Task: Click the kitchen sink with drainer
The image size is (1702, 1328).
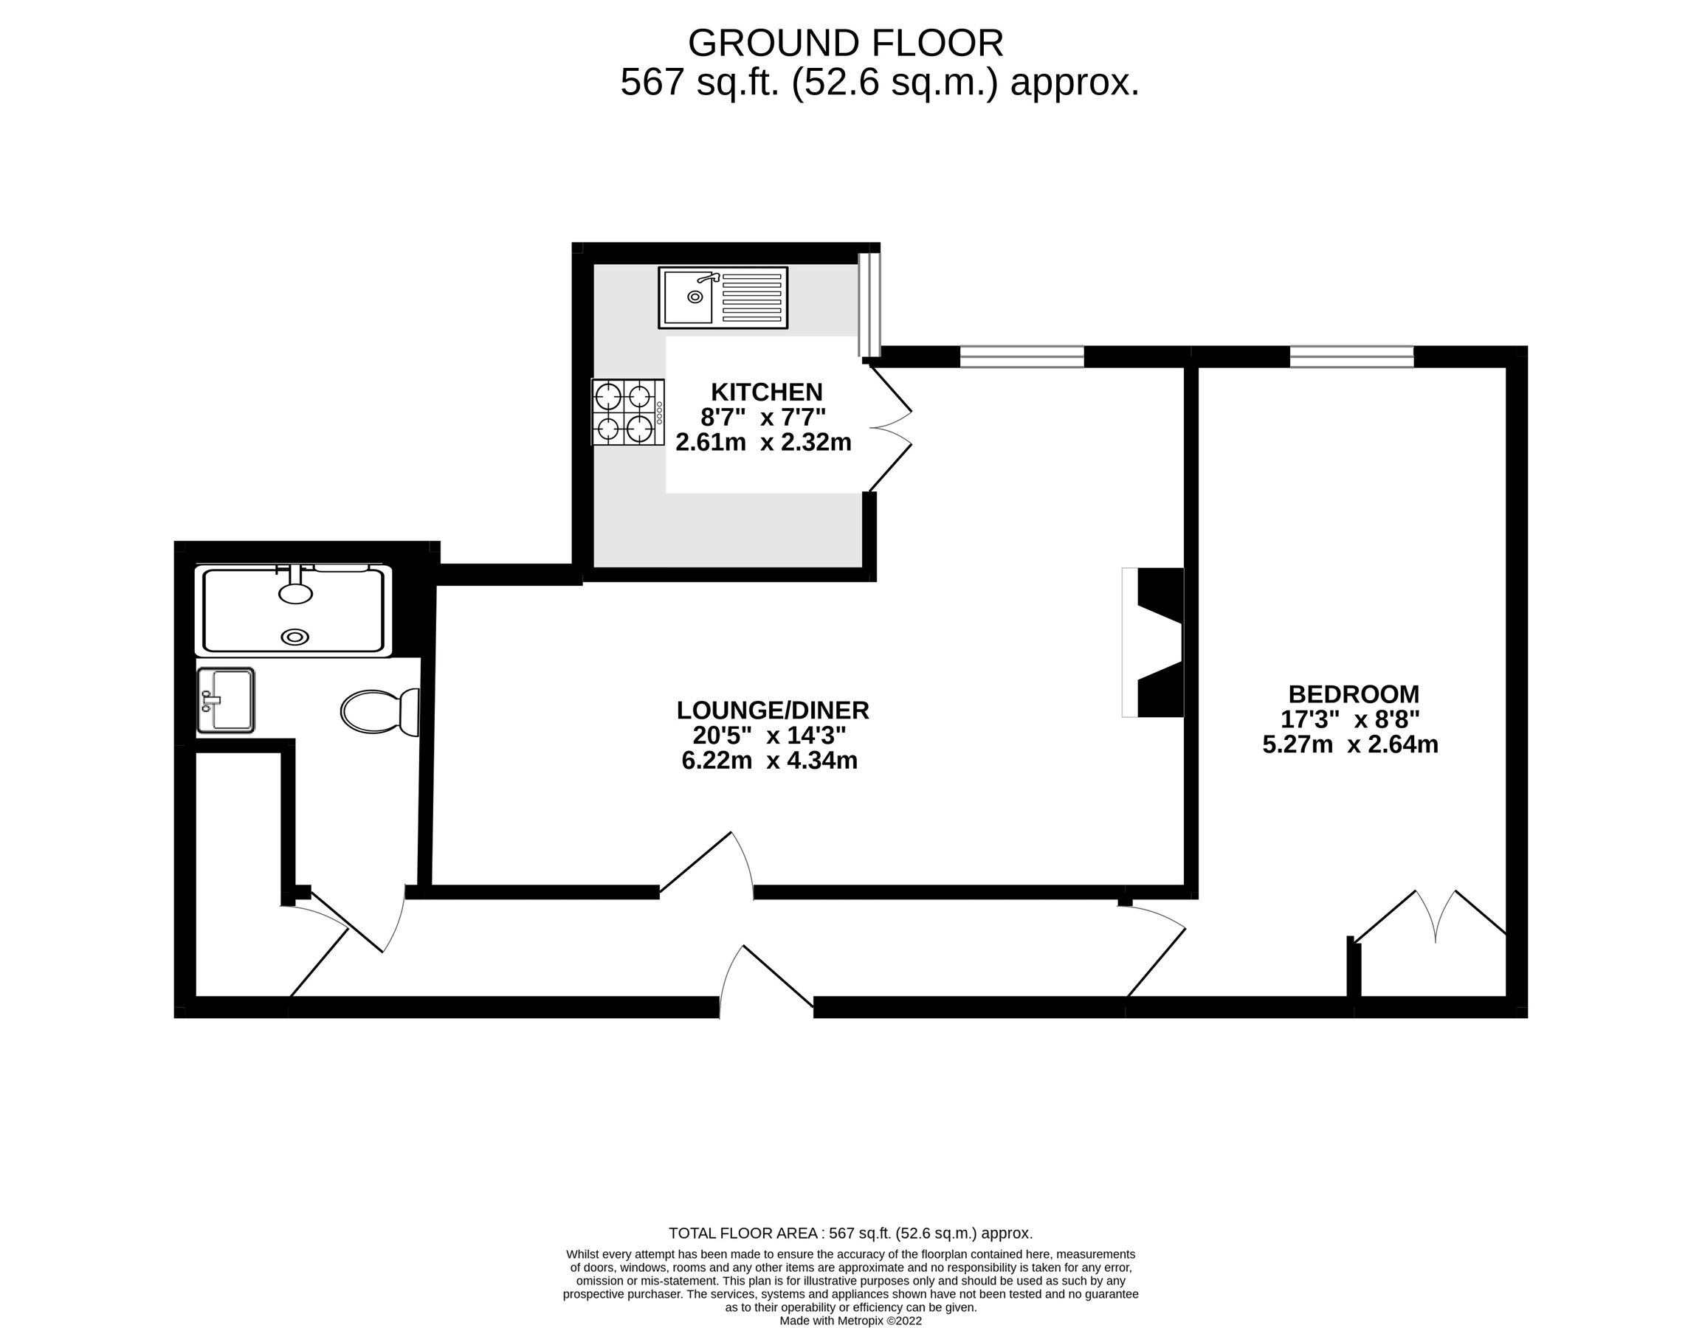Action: pos(723,297)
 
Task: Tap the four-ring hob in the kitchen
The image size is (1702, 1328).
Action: pos(627,412)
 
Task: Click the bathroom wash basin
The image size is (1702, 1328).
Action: pos(226,700)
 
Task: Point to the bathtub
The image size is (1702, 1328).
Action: pos(294,611)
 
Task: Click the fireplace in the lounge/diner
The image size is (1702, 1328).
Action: pos(1156,642)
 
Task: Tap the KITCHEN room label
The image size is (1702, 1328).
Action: pos(766,391)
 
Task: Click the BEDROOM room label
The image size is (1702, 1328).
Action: pos(1353,694)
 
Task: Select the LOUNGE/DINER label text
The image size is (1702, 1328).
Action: pos(772,710)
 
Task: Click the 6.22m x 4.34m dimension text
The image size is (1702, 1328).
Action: pos(769,760)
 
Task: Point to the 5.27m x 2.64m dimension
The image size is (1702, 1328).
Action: pos(1350,744)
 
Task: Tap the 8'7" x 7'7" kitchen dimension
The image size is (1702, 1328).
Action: pos(762,418)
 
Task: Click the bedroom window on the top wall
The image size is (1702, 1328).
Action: pos(1351,357)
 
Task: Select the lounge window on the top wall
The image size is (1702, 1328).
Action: pos(1021,357)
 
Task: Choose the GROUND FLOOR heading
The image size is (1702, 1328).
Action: pos(845,43)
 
